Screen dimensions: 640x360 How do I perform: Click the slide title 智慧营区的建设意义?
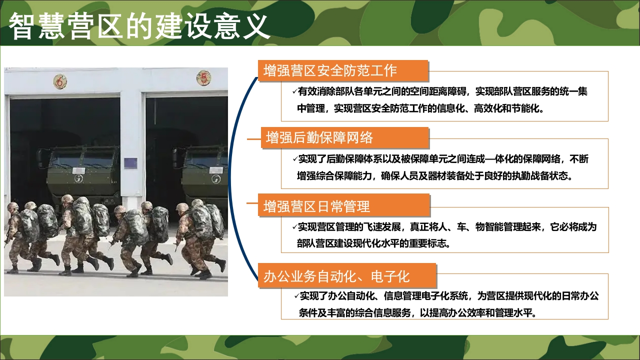[139, 26]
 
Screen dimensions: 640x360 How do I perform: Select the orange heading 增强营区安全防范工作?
[330, 71]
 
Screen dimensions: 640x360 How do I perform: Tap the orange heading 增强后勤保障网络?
[319, 137]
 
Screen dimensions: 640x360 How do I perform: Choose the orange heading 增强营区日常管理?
[316, 206]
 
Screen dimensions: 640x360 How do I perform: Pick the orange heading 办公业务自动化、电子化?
[336, 276]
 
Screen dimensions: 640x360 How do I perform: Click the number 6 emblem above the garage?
[60, 82]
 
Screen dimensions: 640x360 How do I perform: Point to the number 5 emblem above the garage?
[203, 77]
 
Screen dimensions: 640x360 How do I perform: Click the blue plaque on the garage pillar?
[130, 163]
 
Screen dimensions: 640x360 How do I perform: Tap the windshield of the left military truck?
[82, 159]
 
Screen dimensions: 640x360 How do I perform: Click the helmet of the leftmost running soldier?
[12, 206]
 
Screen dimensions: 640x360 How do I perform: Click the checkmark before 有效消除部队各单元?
[294, 91]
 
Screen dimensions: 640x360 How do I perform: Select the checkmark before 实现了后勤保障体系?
[295, 159]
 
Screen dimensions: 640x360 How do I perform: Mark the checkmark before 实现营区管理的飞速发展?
[294, 227]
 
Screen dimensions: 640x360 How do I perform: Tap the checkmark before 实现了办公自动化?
[296, 295]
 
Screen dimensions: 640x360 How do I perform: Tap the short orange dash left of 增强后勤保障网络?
[254, 139]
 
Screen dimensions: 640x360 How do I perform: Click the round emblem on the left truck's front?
[78, 178]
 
